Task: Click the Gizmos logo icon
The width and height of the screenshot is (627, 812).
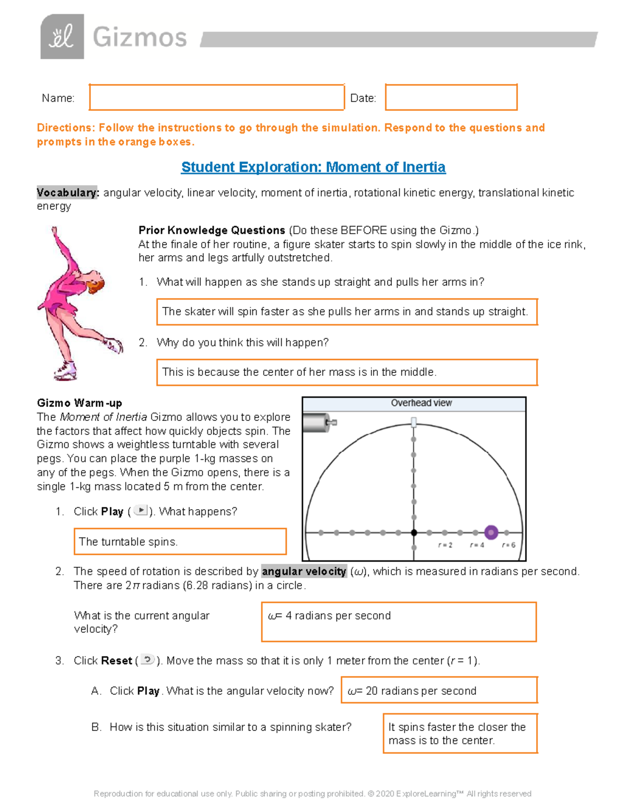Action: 62,37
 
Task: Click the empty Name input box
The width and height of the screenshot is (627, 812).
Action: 216,97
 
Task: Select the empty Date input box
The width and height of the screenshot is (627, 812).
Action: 451,97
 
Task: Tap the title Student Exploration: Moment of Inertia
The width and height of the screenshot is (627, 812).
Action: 313,167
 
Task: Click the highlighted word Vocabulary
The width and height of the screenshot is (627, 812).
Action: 67,193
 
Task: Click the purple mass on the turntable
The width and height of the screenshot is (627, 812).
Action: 491,532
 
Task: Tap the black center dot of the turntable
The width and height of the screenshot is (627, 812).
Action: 414,533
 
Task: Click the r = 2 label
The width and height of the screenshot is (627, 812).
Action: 445,545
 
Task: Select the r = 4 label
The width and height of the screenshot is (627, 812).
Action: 477,545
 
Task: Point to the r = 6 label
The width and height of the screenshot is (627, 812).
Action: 508,545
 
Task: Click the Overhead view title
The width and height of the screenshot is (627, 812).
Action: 421,403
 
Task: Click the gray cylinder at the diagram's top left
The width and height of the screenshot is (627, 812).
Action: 315,422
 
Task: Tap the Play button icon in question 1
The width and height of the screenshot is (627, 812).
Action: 141,511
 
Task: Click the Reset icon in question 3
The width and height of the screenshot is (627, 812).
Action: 148,660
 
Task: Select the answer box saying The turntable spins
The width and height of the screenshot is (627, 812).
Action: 180,542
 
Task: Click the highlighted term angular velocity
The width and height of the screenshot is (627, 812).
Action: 304,571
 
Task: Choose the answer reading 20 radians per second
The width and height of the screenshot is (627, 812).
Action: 439,691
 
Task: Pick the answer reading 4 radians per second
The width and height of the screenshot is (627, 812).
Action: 399,622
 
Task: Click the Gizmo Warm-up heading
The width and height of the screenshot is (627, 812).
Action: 79,403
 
